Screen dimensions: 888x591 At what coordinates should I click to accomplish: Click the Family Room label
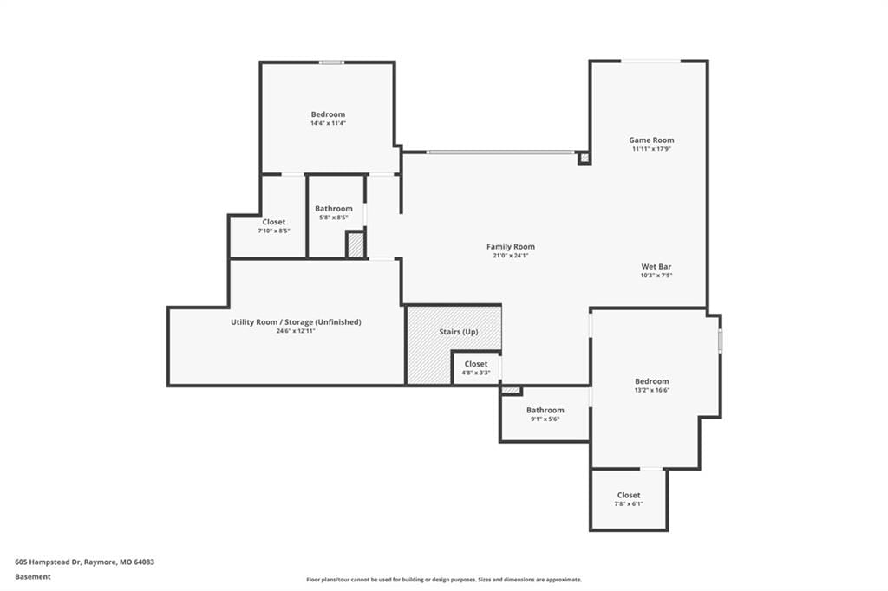[510, 247]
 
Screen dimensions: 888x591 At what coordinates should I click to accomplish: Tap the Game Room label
[651, 140]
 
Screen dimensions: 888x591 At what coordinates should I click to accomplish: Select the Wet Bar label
[656, 266]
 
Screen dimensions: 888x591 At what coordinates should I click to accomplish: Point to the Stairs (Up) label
[458, 332]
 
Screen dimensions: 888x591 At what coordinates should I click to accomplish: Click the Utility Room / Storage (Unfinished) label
[296, 322]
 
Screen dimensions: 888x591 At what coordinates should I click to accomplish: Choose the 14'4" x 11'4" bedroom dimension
[328, 123]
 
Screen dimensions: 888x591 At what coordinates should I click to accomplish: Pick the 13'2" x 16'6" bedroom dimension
[652, 390]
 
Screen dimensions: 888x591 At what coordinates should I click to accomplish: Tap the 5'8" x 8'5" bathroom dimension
[334, 218]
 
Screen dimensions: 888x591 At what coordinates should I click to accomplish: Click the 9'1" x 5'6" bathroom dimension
[545, 419]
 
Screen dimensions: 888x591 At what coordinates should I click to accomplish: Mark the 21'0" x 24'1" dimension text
[510, 256]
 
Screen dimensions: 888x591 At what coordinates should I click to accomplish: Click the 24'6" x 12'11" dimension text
[296, 331]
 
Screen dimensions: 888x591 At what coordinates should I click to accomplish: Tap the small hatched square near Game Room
[584, 158]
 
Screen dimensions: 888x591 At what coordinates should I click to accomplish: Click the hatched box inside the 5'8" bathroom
[355, 245]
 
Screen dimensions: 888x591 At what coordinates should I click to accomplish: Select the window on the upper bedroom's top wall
[331, 62]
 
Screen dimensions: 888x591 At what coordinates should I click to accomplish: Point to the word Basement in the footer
[33, 577]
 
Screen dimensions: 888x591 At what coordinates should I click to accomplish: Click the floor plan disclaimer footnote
[444, 580]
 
